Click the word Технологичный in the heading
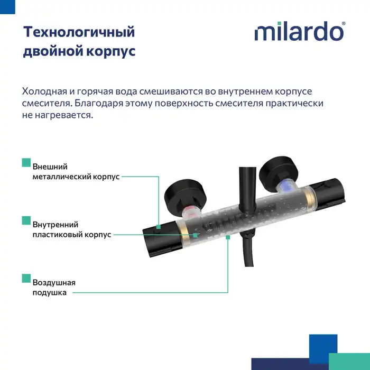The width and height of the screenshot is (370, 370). (79, 32)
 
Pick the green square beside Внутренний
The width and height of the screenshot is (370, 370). (25, 220)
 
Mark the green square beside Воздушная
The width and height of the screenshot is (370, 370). (25, 278)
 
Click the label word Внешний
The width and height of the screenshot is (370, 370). (50, 167)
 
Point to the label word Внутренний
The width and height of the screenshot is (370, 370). (55, 224)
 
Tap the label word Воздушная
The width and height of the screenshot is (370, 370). (54, 282)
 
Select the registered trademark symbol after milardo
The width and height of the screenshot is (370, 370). (344, 24)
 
